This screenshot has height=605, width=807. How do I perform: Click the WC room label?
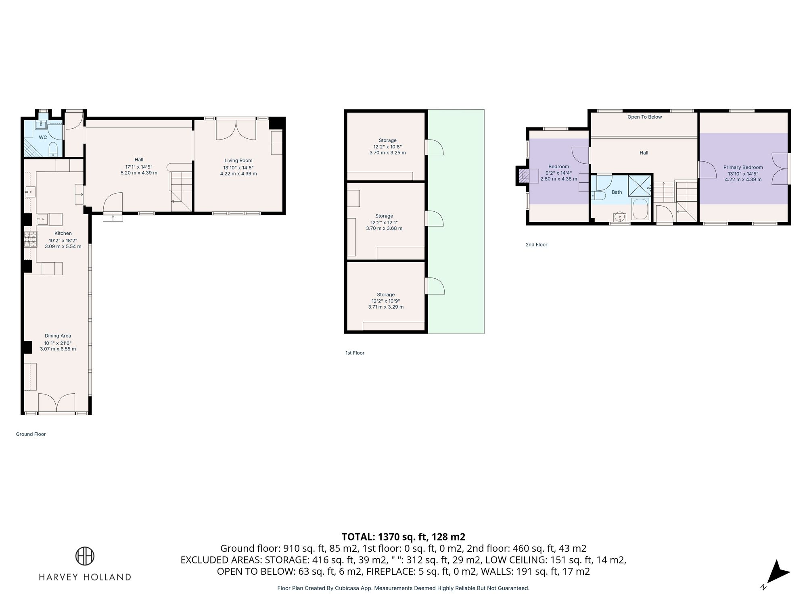click(x=43, y=137)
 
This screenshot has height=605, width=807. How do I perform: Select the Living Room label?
click(x=238, y=161)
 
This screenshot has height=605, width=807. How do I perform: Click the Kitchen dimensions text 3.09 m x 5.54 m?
click(x=63, y=246)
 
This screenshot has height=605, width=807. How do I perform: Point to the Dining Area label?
click(x=58, y=336)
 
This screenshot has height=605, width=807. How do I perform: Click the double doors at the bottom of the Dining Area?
click(x=57, y=403)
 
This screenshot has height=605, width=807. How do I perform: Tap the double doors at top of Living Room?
click(x=236, y=129)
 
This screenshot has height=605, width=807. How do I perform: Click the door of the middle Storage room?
click(x=435, y=219)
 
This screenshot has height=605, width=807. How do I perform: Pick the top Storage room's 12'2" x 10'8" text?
click(x=387, y=147)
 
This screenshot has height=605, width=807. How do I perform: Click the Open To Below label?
click(x=644, y=117)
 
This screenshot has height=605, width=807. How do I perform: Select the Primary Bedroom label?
click(x=743, y=167)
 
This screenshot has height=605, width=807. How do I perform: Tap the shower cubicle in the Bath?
click(x=640, y=186)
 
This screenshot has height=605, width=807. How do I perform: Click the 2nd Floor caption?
click(x=536, y=244)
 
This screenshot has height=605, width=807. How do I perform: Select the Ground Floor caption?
click(x=31, y=434)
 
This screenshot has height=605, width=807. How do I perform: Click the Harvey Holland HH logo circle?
click(x=85, y=556)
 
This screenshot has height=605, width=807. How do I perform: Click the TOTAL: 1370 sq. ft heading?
click(x=403, y=537)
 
